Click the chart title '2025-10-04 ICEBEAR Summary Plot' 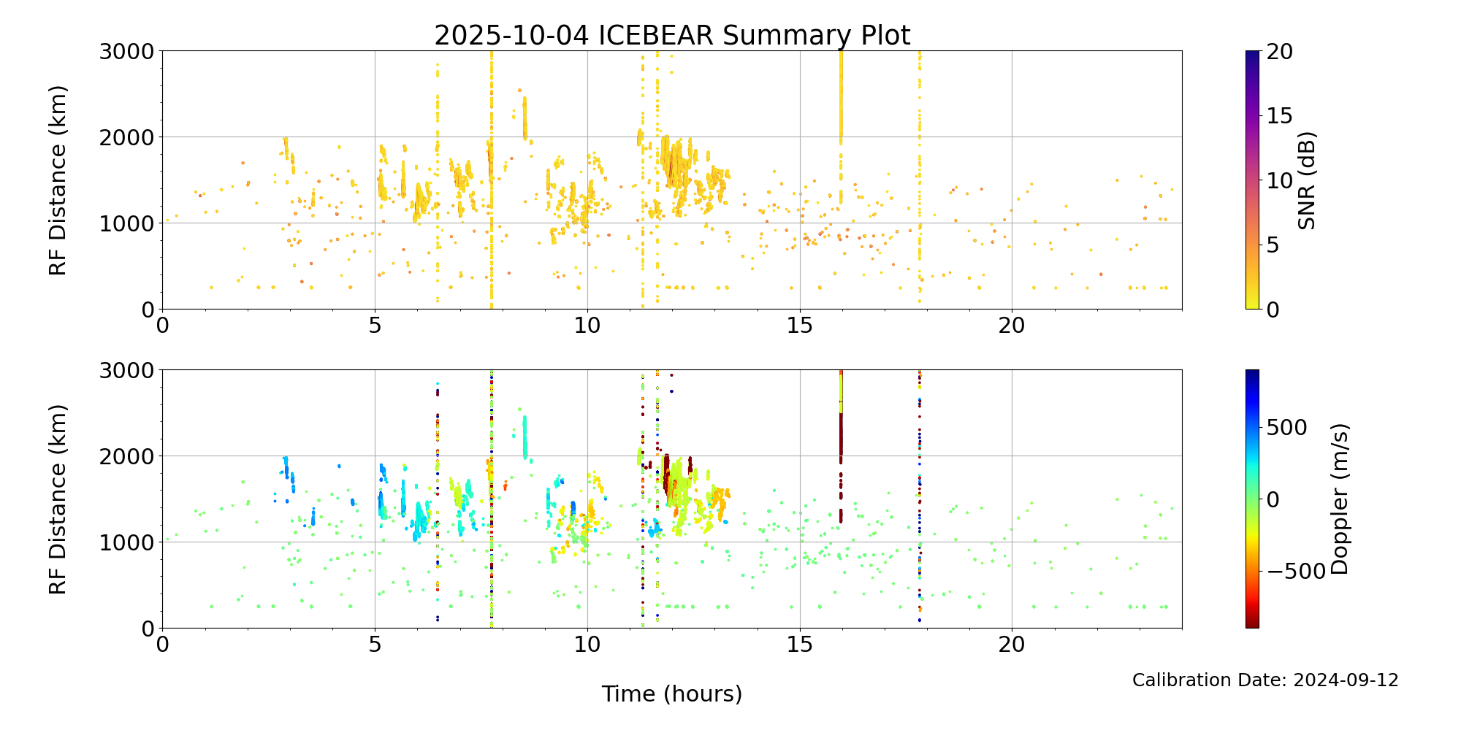tap(672, 35)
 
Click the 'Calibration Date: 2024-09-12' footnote tap(1265, 680)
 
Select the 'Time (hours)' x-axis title tap(672, 694)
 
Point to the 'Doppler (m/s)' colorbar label tap(1339, 499)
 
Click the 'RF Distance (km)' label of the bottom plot tap(58, 499)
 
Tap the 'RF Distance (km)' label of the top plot tap(58, 180)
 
